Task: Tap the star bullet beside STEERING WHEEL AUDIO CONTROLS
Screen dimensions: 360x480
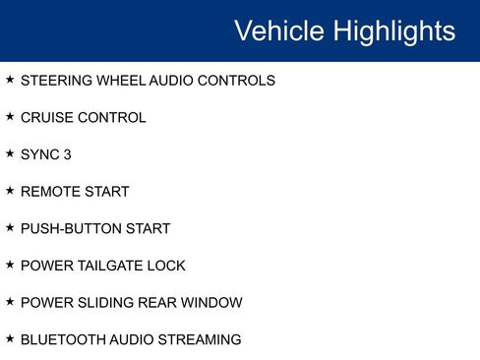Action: pos(10,79)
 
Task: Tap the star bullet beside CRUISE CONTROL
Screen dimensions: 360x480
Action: pos(10,116)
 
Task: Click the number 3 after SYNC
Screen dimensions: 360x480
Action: pos(67,154)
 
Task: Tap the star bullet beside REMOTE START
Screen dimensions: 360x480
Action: pos(10,190)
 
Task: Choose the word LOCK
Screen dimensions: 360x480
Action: pos(167,266)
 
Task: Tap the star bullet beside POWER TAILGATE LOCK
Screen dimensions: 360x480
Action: pos(10,264)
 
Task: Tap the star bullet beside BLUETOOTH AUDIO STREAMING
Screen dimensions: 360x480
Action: pos(10,338)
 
